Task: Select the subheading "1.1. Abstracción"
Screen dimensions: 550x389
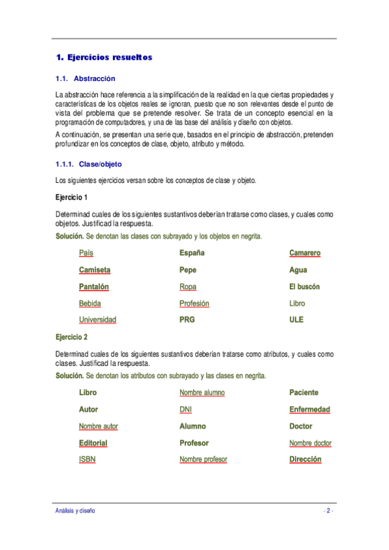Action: click(86, 79)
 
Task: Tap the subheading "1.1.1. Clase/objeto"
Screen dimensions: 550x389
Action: click(89, 164)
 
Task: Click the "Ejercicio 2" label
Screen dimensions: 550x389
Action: click(71, 337)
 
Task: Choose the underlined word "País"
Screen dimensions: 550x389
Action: click(86, 253)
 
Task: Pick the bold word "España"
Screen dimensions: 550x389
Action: click(192, 253)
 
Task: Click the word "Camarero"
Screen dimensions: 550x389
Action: click(305, 253)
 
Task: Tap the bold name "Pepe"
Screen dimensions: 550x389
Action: click(187, 270)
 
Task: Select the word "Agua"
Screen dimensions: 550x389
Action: click(298, 270)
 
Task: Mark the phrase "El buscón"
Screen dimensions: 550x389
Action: click(304, 287)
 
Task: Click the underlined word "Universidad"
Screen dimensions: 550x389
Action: click(97, 320)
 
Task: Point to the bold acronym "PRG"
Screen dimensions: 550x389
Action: click(187, 320)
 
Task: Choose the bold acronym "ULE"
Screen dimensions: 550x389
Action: click(296, 320)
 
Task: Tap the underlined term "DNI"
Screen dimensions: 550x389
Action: click(185, 409)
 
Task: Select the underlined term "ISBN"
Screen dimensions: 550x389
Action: click(88, 459)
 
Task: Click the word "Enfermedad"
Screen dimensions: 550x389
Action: click(309, 409)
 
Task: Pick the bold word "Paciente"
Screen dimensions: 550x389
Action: click(303, 392)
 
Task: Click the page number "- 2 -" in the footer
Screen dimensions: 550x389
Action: click(328, 511)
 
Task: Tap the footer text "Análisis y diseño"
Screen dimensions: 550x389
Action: click(75, 511)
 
